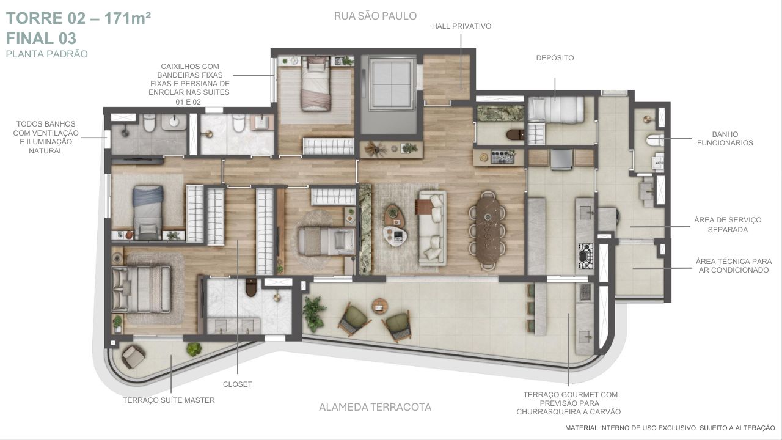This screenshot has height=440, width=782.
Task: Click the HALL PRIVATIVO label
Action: pos(461,26)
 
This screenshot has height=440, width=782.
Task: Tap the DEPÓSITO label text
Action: pos(555,58)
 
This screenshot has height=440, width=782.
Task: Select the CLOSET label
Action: pos(238,384)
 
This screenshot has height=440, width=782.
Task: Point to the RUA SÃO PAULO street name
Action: pos(375,16)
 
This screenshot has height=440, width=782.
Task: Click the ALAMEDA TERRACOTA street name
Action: pos(375,407)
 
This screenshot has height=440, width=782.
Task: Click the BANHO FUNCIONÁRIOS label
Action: pos(725,139)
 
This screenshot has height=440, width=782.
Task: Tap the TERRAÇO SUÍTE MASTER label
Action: pos(169,400)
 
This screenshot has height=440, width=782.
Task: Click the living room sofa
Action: pos(432,228)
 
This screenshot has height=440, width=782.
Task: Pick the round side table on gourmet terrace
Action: pos(379,306)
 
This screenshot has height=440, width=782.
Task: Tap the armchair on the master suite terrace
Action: pos(133,357)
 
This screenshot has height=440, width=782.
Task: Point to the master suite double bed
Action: pos(141,289)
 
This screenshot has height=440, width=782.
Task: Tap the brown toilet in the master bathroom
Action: pos(251,287)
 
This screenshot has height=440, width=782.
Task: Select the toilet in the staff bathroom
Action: pos(654,140)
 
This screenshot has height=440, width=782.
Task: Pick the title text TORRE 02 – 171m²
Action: pos(79,18)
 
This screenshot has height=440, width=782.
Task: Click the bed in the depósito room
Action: pos(556,109)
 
